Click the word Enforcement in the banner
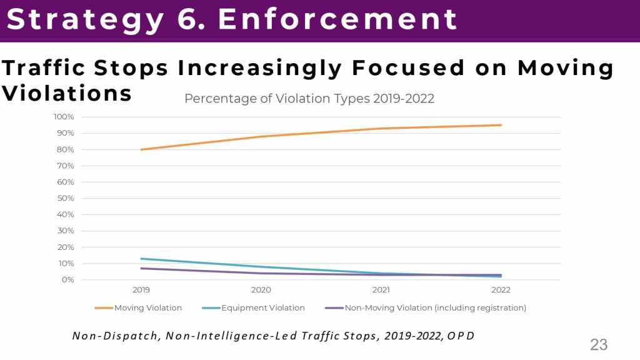337,20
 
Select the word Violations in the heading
67,93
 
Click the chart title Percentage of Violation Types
309,99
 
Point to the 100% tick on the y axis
64,117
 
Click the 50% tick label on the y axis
66,198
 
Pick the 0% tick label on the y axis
67,279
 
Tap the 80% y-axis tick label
66,149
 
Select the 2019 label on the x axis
141,290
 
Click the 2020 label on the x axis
261,290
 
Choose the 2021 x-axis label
381,290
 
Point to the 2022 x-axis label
501,290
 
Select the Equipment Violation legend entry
262,307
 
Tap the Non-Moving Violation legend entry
435,307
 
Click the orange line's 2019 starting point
141,149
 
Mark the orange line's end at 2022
501,125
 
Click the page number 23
599,344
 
